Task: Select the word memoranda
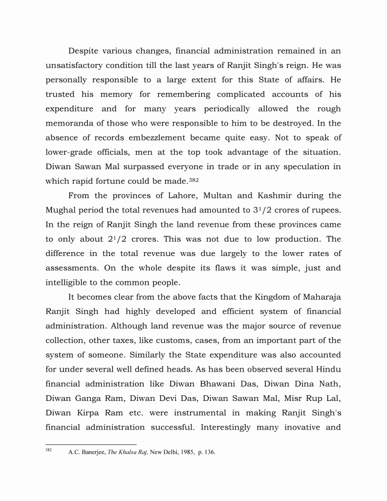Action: tap(72, 123)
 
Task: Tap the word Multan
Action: tap(220, 196)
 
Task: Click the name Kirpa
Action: tap(96, 413)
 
